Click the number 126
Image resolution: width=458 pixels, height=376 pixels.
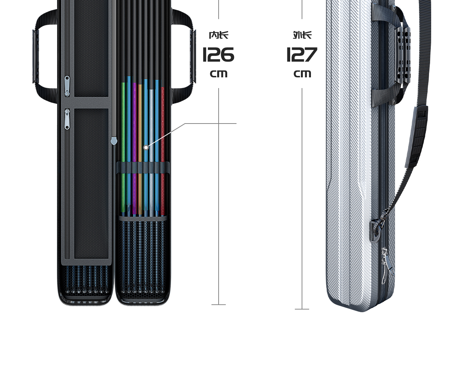pos(218,55)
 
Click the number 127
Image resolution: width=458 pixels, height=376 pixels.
pos(302,55)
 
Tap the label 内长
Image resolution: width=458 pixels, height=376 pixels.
pos(219,35)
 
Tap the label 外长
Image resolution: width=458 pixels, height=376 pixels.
pos(302,35)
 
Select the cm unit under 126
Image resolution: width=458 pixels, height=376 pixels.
pos(219,74)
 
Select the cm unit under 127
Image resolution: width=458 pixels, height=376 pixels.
pos(302,74)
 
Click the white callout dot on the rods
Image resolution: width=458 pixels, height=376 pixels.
pos(146,148)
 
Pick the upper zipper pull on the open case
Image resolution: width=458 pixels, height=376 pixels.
pos(67,86)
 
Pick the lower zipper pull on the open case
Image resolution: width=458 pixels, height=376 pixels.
pos(67,119)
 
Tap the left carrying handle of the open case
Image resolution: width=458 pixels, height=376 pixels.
pos(36,57)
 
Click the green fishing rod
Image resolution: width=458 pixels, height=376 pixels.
pos(123,143)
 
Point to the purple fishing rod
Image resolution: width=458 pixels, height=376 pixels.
pos(135,143)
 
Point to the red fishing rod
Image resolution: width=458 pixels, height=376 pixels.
pos(163,143)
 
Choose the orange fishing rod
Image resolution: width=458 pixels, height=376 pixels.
pos(140,143)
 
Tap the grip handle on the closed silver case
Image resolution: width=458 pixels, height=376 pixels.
pos(403,57)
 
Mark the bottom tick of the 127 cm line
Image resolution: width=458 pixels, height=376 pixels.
pos(302,309)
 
